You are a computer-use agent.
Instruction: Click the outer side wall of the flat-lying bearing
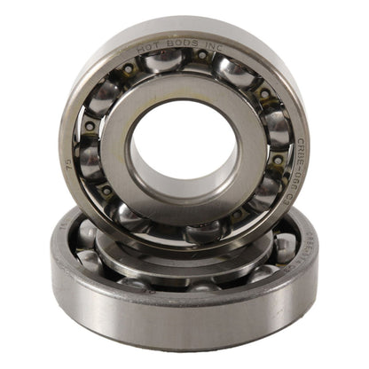[x=177, y=328]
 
